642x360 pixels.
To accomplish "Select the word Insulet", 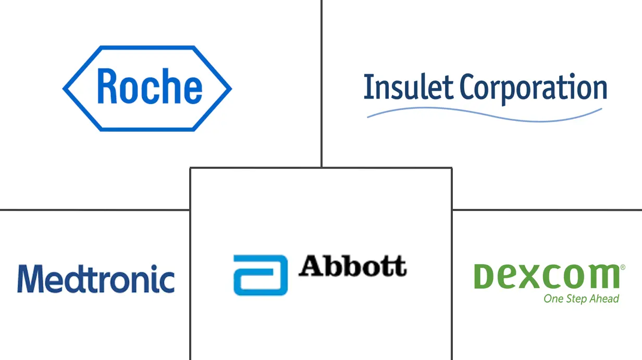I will pyautogui.click(x=407, y=88).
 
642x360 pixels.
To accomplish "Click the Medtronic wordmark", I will pyautogui.click(x=96, y=279).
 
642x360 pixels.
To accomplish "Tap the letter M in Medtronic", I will pyautogui.click(x=29, y=279).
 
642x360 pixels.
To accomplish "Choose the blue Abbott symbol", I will pyautogui.click(x=260, y=275).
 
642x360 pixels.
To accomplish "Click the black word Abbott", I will pyautogui.click(x=352, y=266).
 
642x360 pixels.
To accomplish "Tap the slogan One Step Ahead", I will pyautogui.click(x=581, y=299).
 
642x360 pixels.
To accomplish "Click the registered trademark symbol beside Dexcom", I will pyautogui.click(x=622, y=268).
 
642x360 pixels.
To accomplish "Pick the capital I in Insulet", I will pyautogui.click(x=367, y=88).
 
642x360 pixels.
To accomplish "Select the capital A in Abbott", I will pyautogui.click(x=312, y=266).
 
